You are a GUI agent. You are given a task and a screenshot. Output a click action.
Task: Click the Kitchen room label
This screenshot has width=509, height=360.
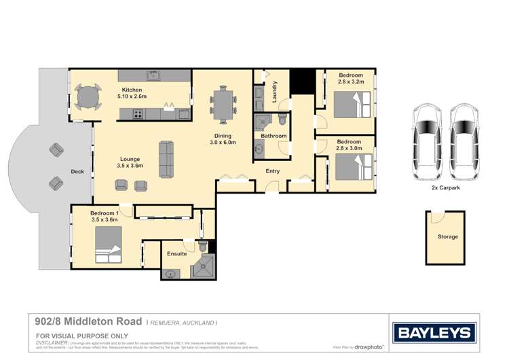click(132, 90)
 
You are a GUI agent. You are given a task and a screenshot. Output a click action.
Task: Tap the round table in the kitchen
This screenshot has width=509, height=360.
click(87, 96)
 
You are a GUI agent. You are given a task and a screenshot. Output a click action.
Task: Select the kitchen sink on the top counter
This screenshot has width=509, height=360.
click(153, 75)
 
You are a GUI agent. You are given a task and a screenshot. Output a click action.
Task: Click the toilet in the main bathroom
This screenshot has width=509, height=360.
click(282, 120)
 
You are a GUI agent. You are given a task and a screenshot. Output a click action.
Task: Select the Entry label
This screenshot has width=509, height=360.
click(272, 171)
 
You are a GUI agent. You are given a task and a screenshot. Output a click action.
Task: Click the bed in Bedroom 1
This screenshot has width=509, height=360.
click(109, 245)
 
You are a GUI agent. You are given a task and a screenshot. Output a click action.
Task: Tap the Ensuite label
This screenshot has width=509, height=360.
click(176, 253)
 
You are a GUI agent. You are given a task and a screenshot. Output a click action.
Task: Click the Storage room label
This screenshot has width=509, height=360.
click(447, 237)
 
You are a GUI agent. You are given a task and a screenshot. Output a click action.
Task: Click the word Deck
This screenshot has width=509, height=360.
click(77, 172)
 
